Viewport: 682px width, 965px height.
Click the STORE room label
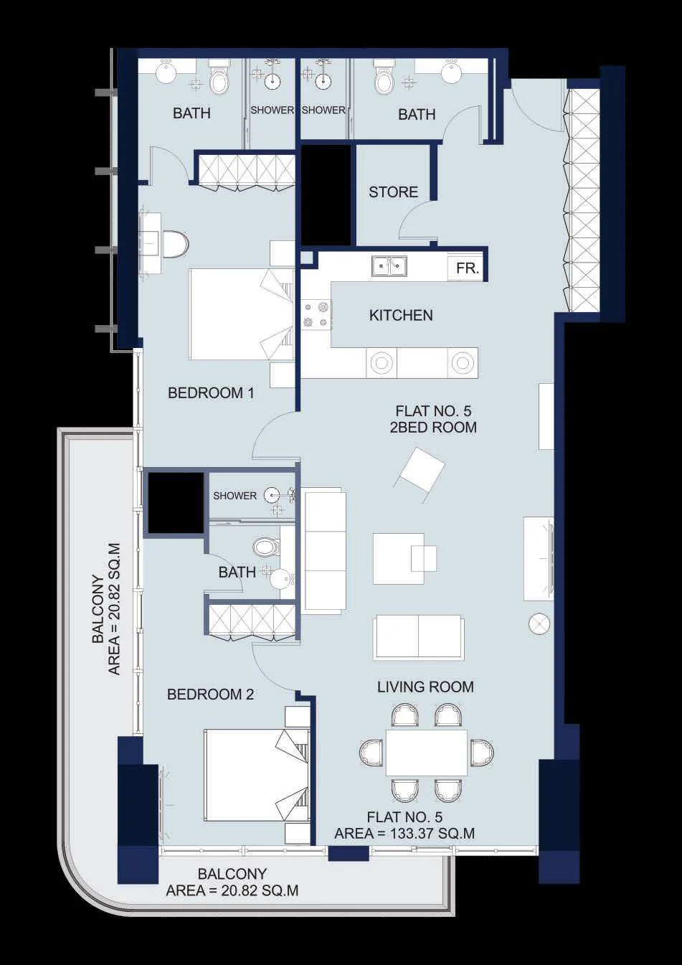[x=393, y=192]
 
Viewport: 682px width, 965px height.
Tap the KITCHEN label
[x=401, y=316]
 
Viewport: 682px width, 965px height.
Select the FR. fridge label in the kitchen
[x=468, y=269]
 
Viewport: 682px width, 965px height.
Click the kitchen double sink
[x=389, y=266]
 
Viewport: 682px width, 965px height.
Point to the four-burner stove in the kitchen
[x=316, y=314]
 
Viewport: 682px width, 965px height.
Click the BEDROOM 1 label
[x=211, y=393]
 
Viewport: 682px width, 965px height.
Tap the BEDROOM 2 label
[x=211, y=695]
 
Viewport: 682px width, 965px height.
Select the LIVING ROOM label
[x=425, y=687]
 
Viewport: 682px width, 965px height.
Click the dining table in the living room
[x=426, y=752]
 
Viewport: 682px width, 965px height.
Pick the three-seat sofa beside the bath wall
[x=325, y=550]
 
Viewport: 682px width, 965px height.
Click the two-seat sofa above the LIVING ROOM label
[x=419, y=637]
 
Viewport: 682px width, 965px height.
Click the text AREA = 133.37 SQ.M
[x=404, y=833]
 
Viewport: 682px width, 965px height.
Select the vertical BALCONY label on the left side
[x=98, y=609]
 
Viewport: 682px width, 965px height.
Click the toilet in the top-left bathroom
[x=218, y=77]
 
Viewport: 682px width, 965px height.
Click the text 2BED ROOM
[x=433, y=428]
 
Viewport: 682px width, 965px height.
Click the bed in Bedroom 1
[x=242, y=314]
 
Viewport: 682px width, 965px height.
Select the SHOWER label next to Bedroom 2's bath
[x=235, y=496]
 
